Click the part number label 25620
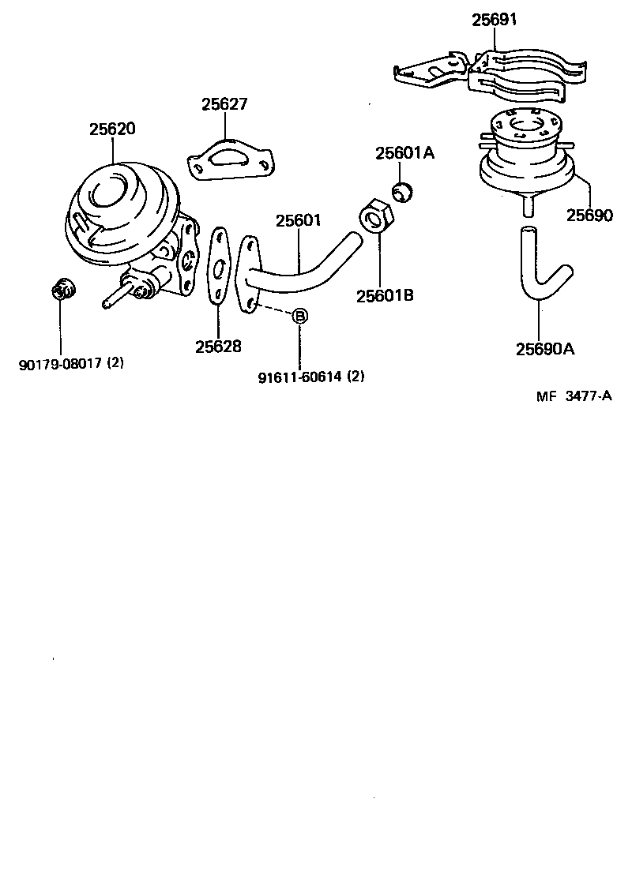111,129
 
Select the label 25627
224,104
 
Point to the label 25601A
404,153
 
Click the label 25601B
385,296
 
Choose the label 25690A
545,349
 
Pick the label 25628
219,346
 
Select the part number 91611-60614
299,377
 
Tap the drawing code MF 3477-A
574,396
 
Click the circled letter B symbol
299,317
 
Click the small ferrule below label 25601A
404,192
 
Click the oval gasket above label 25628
219,265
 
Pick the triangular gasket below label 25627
231,162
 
